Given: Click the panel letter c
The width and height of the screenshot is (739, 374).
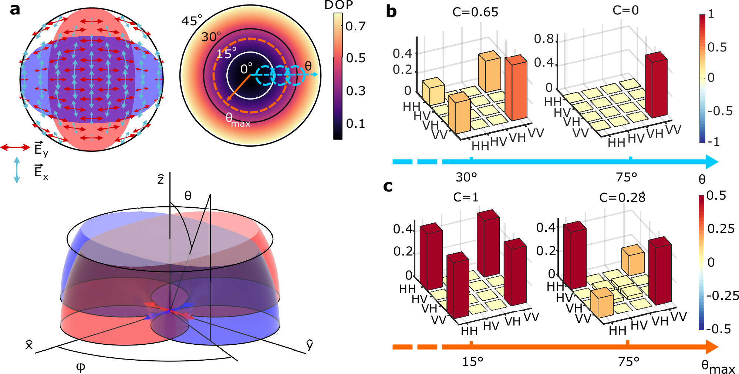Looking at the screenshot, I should (388, 186).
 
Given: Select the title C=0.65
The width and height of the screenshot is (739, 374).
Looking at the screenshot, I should (475, 12).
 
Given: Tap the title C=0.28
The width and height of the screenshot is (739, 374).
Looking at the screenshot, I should (622, 198).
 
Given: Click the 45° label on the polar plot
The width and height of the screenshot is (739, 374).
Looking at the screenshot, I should (192, 20).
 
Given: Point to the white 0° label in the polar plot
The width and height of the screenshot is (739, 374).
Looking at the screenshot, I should (246, 69).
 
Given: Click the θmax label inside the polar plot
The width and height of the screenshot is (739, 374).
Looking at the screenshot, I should (237, 120).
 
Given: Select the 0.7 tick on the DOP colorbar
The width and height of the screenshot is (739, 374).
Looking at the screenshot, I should (355, 26).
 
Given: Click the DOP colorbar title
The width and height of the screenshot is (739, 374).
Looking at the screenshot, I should (338, 5).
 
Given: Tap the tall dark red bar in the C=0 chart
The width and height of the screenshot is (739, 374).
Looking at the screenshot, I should (656, 87).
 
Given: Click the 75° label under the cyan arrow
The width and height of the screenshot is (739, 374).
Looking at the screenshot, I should (626, 177).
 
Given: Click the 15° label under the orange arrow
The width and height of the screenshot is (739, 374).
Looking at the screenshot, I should (472, 361).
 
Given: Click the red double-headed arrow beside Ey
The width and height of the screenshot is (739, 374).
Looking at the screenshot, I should (15, 148).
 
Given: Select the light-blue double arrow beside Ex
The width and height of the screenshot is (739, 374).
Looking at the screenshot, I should (17, 170).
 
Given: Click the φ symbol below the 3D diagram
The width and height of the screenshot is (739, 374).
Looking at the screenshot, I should (80, 367).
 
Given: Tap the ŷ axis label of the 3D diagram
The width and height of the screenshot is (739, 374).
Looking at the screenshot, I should (310, 344).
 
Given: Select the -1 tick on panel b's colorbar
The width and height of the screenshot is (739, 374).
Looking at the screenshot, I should (713, 142).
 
